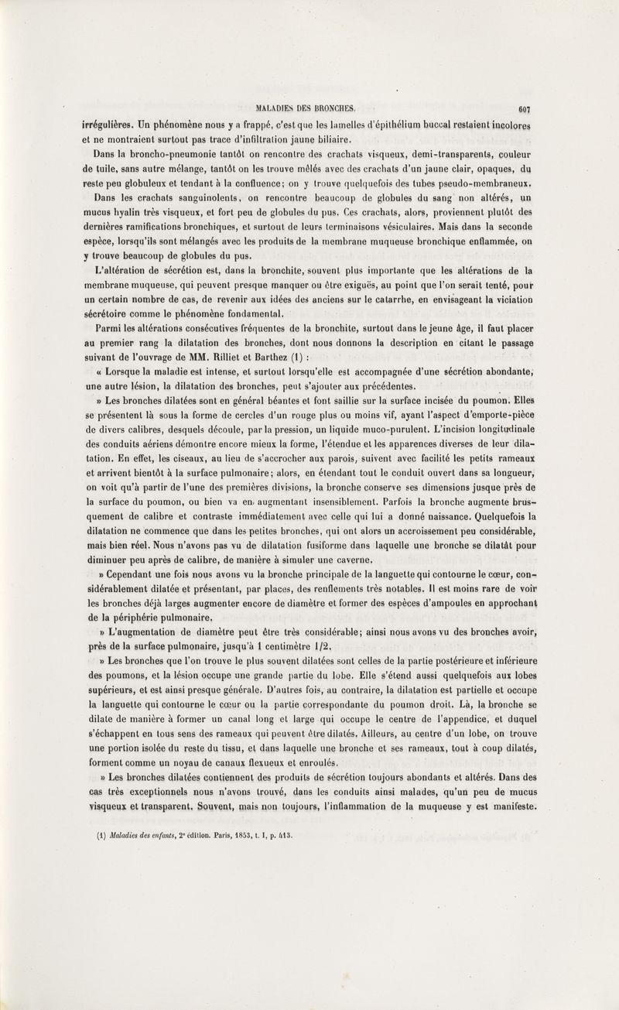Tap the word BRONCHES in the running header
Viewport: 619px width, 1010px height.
[332, 109]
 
